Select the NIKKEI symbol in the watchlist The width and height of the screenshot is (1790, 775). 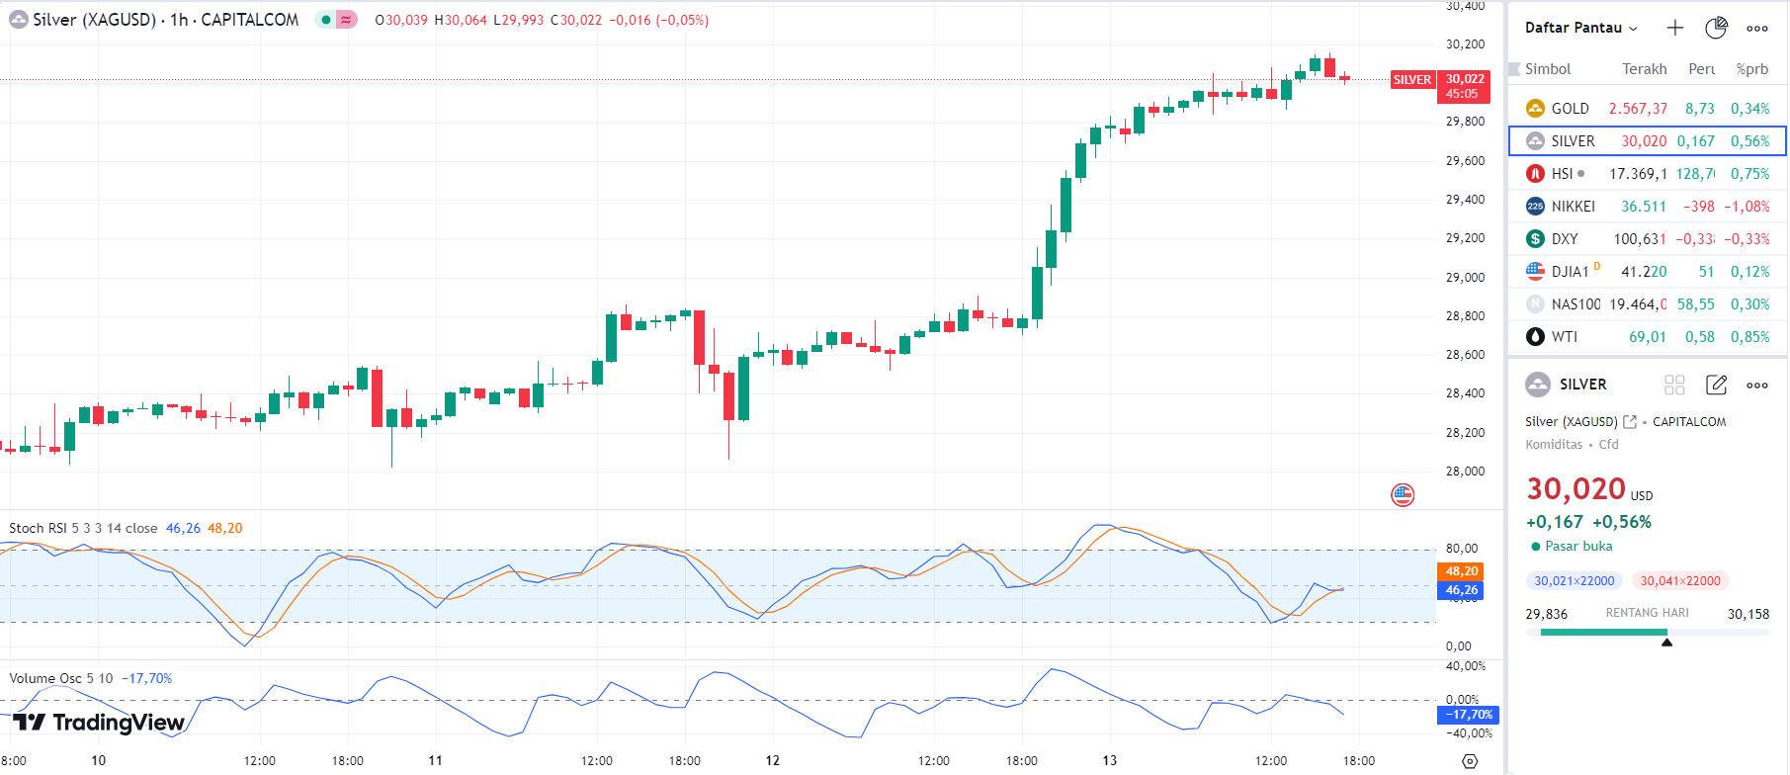1573,207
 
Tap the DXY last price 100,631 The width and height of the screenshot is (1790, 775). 1639,239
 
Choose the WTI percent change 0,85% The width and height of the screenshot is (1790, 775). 1749,337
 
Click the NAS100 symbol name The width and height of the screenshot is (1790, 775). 1576,304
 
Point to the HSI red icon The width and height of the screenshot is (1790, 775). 1535,174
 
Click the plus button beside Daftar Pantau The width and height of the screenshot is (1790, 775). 1674,28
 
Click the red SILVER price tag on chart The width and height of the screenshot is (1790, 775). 1411,80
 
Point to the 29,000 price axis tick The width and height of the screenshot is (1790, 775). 1465,278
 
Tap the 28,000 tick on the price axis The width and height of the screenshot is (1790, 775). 1465,472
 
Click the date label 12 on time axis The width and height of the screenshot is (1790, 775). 772,760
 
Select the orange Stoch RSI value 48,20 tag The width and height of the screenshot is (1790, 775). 1461,571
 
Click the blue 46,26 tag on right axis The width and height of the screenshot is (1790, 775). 1461,590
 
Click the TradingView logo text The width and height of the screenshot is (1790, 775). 118,723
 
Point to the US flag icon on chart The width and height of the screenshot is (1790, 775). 1403,495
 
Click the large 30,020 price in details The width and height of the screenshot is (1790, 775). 1576,489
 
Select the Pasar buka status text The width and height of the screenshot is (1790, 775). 1577,547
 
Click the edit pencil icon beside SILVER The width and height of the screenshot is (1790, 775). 1716,385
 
